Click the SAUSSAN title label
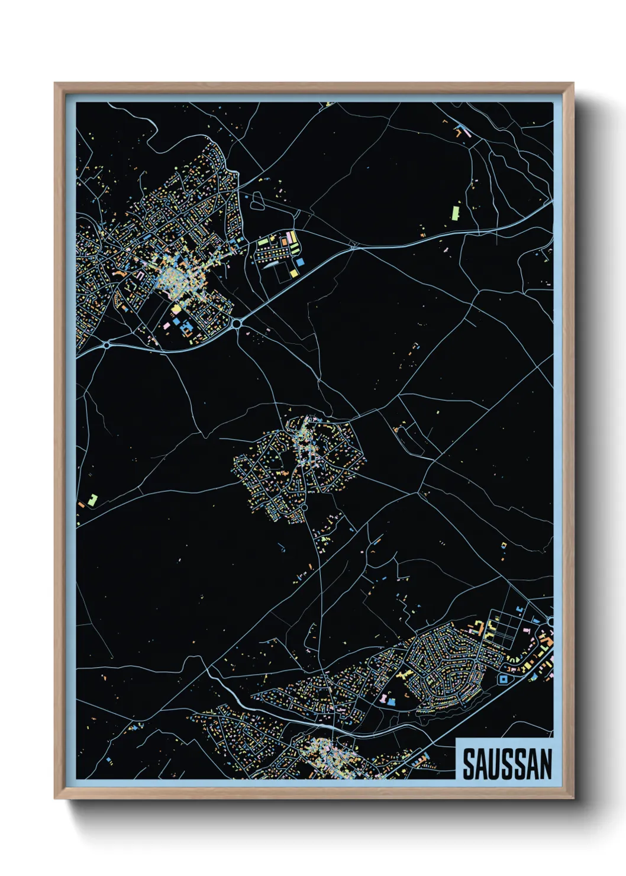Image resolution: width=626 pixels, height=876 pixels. coord(506,763)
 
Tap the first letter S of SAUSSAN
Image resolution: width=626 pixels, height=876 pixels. coord(468,764)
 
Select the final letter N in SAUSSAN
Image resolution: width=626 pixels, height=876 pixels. coord(545,764)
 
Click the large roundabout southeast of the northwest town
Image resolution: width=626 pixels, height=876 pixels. coord(237,324)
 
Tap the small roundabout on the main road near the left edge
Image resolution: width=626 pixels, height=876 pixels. coord(107,344)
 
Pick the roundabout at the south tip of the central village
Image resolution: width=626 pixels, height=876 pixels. coord(305,507)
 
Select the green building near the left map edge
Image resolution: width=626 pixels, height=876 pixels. coord(92,500)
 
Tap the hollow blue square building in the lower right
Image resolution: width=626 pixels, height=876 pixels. coord(504,679)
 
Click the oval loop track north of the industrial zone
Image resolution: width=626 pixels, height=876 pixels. coord(258,202)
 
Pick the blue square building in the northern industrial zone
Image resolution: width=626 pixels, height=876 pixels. coord(300,261)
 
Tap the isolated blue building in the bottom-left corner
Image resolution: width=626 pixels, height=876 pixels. coord(109,759)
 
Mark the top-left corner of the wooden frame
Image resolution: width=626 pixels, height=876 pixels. coord(55,83)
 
